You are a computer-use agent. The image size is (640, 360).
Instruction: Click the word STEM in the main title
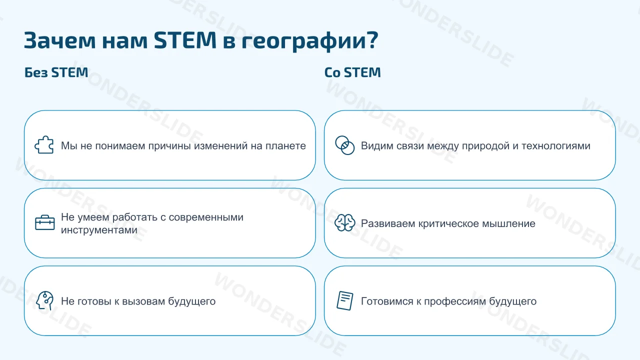[185, 40]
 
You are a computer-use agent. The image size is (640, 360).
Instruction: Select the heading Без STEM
[56, 72]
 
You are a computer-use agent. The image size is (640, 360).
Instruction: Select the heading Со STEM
[352, 72]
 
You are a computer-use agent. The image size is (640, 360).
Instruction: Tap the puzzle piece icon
[44, 145]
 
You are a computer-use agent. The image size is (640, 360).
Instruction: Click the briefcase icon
[45, 222]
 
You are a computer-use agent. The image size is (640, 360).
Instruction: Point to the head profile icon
[45, 300]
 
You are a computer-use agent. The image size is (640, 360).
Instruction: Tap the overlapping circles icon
[345, 145]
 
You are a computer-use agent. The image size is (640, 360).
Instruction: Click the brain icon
[345, 223]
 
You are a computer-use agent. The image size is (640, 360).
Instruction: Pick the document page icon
[345, 300]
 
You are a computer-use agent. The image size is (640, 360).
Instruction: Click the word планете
[285, 145]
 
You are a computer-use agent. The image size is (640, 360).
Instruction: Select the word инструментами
[99, 230]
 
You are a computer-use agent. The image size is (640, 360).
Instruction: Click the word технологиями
[556, 145]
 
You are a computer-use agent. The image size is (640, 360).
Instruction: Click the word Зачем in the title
[59, 40]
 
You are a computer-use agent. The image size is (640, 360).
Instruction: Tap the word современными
[206, 217]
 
